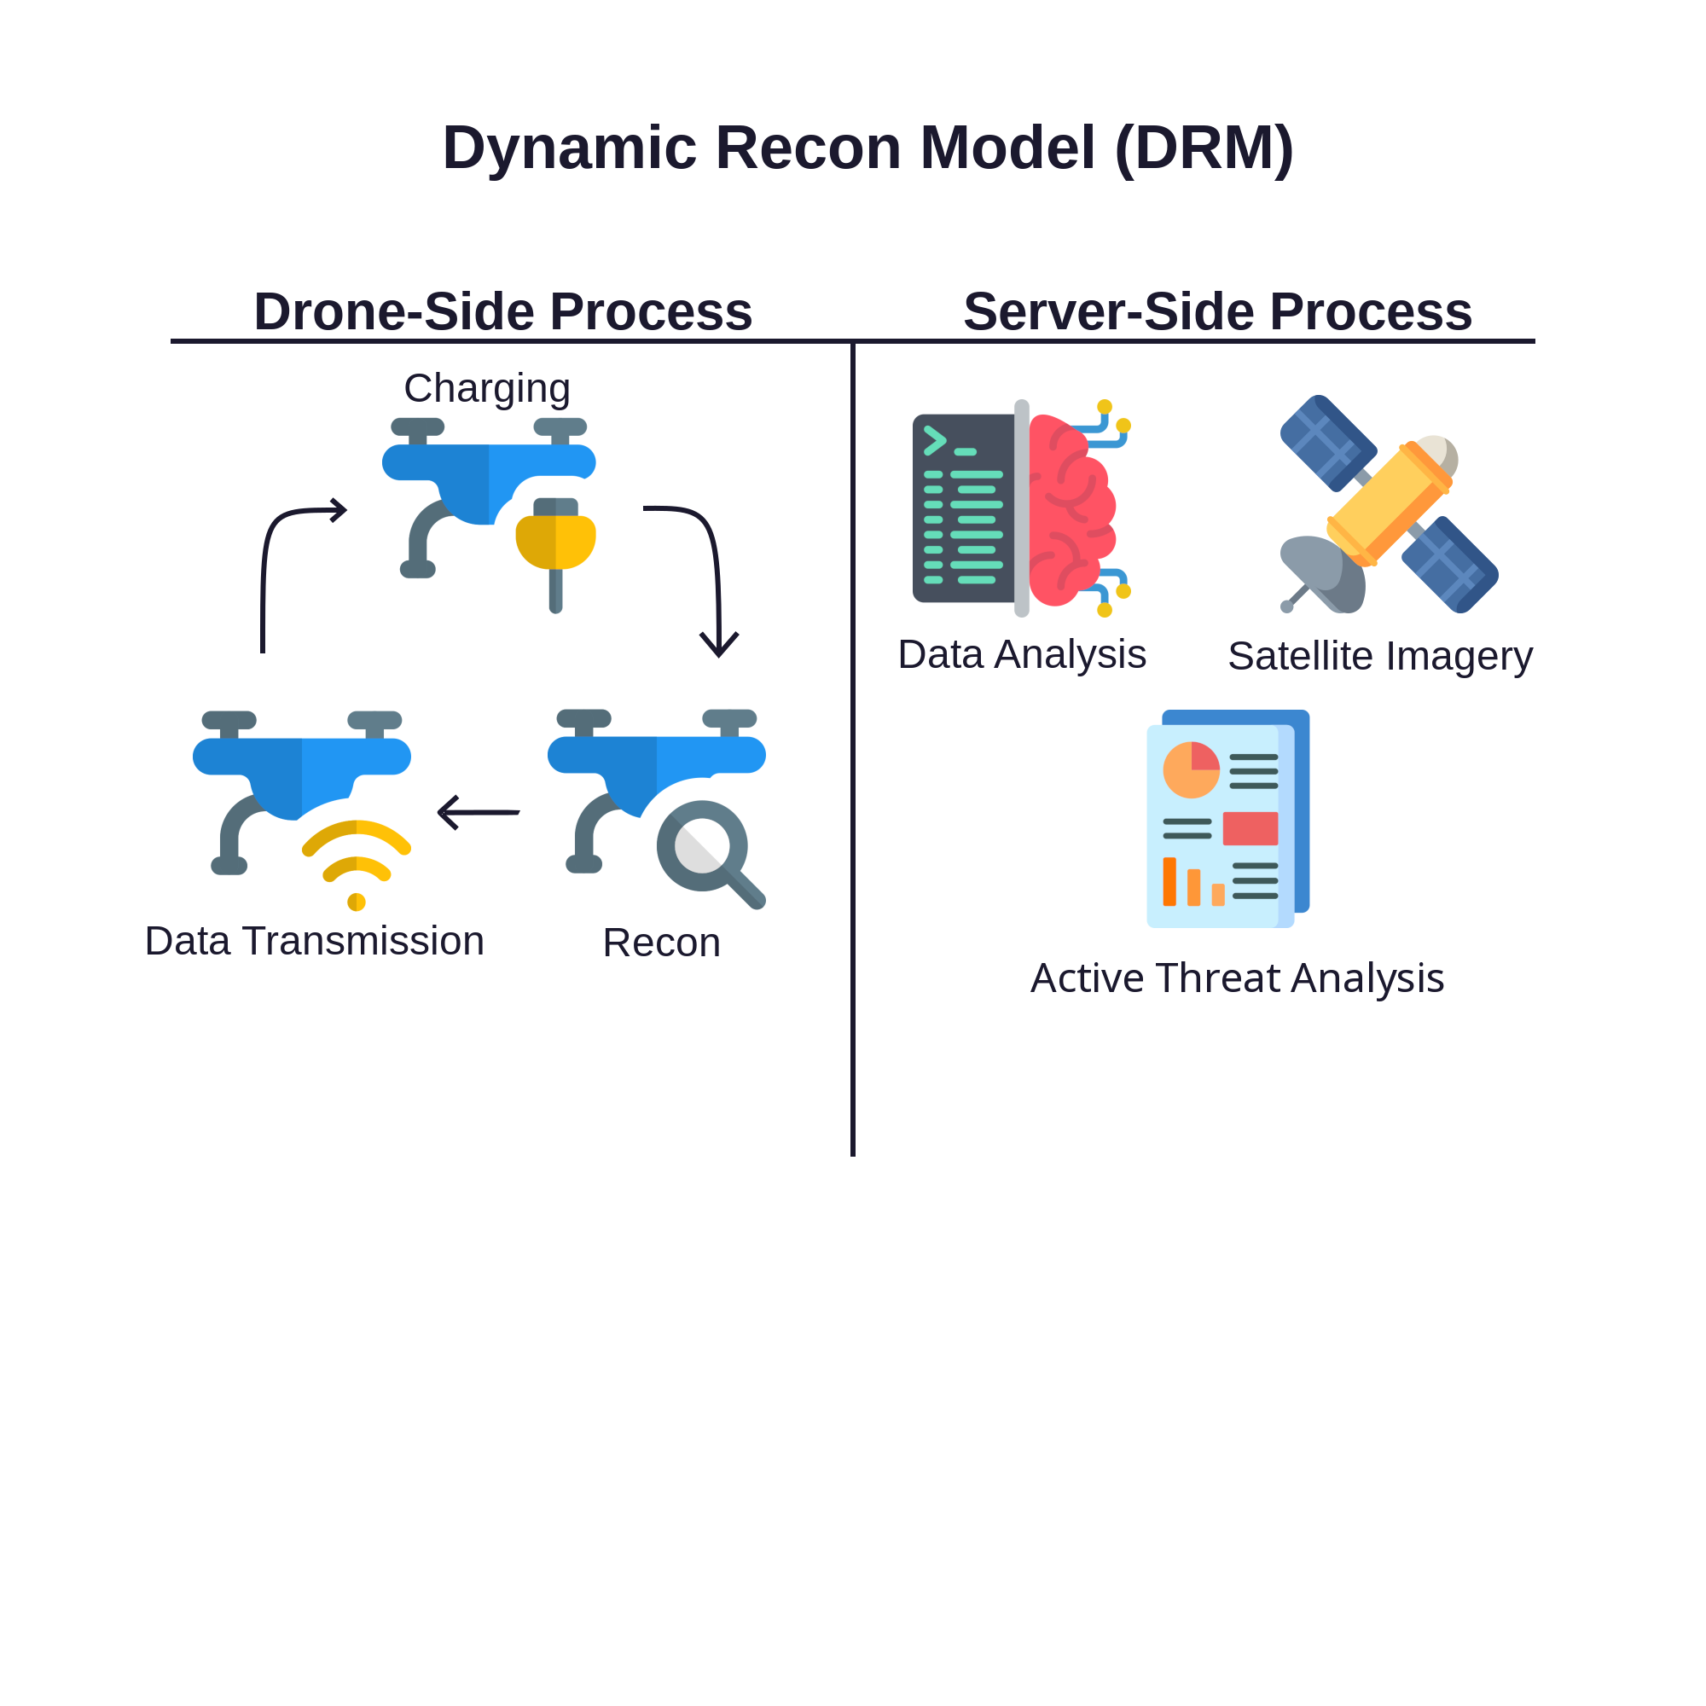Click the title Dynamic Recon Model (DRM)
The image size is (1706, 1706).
[868, 148]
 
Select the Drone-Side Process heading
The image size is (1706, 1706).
[503, 311]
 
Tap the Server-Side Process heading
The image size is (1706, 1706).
[1217, 311]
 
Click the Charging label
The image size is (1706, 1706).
[486, 388]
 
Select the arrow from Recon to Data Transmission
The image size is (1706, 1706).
[479, 812]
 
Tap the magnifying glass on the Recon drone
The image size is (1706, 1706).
[703, 846]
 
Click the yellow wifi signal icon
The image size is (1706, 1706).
[356, 861]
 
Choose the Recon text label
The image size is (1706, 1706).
[661, 943]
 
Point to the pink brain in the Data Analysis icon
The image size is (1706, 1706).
[1071, 511]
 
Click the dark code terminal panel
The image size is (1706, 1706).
[962, 508]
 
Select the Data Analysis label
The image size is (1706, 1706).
[1022, 655]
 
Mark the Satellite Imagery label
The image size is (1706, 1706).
[1379, 656]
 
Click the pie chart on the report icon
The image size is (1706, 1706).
[1191, 770]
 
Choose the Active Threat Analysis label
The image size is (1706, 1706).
[1237, 978]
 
